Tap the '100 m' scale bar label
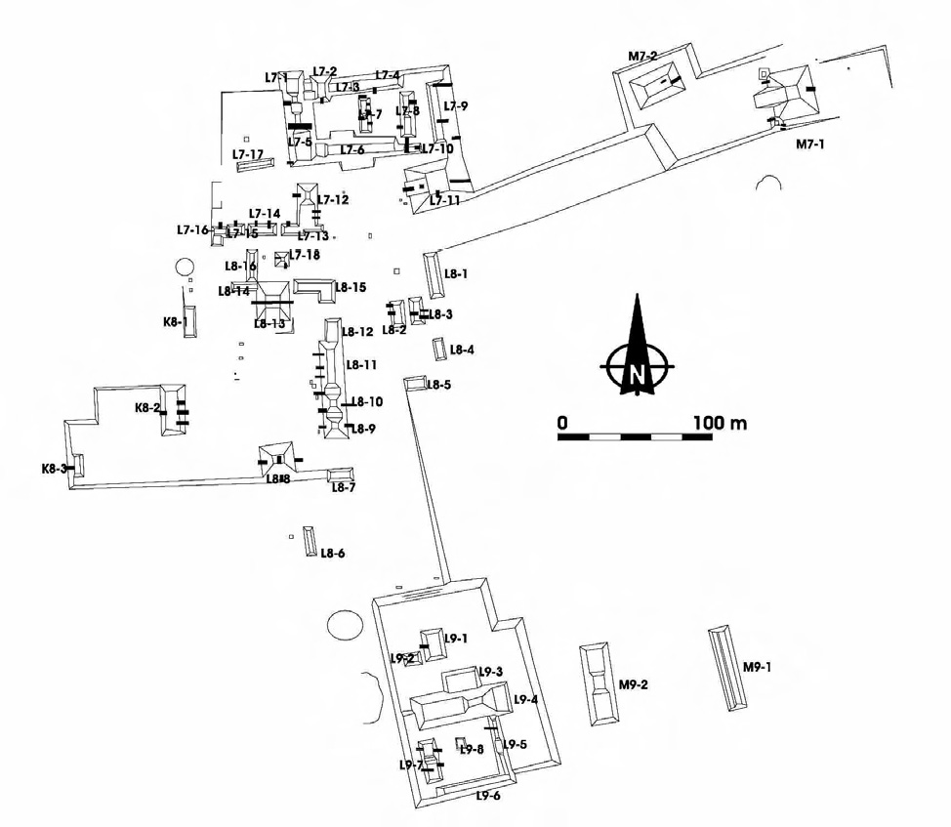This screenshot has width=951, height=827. (720, 423)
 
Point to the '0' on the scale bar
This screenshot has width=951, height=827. (562, 423)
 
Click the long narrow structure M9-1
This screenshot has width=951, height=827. (727, 668)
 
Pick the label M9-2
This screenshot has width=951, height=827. (634, 684)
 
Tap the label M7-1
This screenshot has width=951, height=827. (810, 145)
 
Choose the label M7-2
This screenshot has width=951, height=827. (642, 57)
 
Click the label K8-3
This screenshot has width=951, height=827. (54, 469)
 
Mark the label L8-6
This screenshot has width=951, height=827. (333, 553)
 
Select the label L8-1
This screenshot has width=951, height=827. (457, 274)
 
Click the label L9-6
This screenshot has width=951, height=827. (488, 797)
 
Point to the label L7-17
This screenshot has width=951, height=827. (248, 154)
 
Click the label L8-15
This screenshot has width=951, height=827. (351, 287)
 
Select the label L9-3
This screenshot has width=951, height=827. (490, 672)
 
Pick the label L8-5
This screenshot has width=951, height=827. (438, 385)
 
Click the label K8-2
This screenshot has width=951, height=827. (147, 408)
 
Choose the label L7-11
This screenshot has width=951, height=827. (445, 200)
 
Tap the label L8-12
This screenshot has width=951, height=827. (358, 332)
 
